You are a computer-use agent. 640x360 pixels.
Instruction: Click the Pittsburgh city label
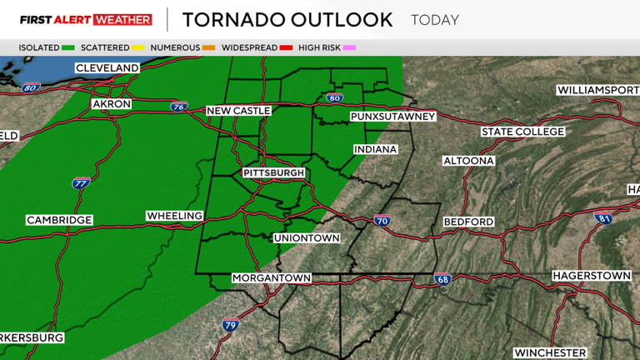(x=274, y=172)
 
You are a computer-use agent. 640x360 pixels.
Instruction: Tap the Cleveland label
(x=106, y=67)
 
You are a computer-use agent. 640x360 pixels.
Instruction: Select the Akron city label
(x=112, y=103)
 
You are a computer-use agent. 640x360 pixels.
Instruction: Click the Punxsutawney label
(x=393, y=117)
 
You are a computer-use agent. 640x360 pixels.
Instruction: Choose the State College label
(x=522, y=132)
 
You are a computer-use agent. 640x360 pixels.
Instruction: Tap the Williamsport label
(x=596, y=89)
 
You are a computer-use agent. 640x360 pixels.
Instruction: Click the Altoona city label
(x=468, y=160)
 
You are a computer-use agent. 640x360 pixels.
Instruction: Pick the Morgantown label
(x=272, y=277)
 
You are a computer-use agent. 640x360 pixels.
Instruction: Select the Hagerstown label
(x=592, y=275)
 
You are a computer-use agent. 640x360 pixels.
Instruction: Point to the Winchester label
(x=550, y=352)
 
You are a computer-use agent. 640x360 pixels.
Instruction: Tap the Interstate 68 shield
(x=442, y=279)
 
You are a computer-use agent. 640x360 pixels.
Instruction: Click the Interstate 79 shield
(x=230, y=326)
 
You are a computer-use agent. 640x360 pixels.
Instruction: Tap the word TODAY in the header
(x=436, y=19)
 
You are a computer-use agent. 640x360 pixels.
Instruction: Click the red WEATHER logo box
(x=123, y=19)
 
